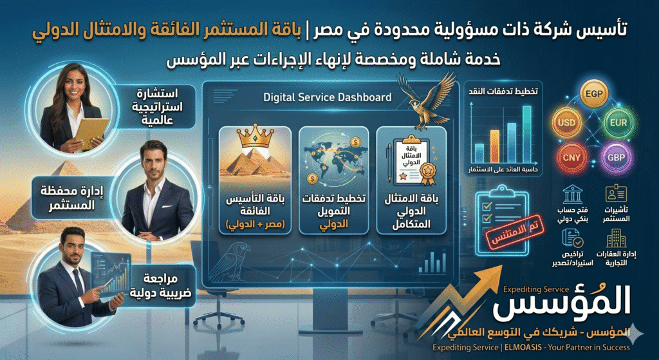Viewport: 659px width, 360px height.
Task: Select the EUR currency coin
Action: tap(620, 122)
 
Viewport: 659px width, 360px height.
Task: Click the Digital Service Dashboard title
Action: tap(327, 98)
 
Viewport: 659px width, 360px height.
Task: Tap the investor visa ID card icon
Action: tap(616, 195)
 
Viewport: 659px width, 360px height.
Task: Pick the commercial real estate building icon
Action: tap(616, 240)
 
